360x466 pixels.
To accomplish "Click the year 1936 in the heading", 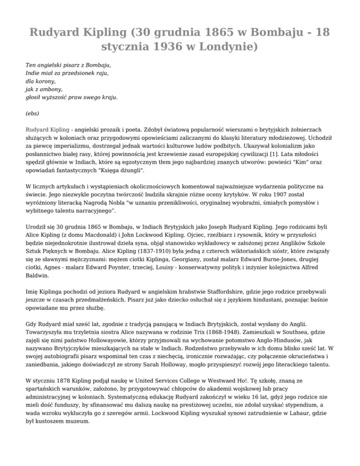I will [169, 48].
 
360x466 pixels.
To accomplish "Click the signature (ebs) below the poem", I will [32, 113].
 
